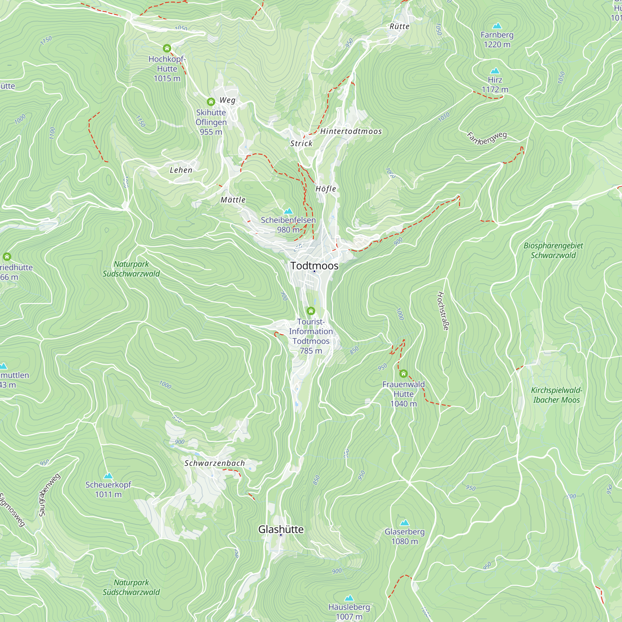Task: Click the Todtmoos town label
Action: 314,266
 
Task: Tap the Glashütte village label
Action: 281,529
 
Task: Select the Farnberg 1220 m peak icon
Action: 497,26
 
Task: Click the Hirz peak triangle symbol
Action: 495,71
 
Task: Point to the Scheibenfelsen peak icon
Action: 289,211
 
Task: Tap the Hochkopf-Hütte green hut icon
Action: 167,49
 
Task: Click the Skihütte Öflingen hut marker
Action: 211,102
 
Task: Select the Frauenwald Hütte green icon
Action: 403,374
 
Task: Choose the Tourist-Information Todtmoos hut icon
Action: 311,311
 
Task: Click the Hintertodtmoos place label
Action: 351,131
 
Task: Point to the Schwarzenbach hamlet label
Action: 215,463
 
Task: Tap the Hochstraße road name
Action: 443,311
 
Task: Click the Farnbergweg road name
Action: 487,138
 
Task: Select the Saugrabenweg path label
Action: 49,495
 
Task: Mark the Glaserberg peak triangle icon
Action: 405,522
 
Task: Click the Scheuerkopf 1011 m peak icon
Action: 108,476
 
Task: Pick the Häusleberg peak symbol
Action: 349,598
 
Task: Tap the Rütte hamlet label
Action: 400,27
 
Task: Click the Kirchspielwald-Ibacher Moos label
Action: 556,395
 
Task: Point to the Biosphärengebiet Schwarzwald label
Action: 553,250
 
